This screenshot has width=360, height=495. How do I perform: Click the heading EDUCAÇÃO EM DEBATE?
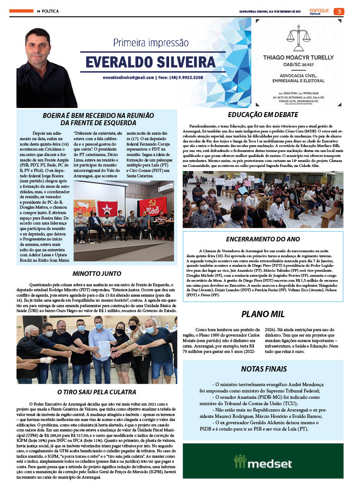pos(263,115)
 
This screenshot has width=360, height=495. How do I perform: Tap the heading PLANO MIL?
pos(263,314)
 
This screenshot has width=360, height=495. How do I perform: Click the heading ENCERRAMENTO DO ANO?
pos(263,239)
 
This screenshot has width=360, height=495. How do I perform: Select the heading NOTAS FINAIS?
pos(263,369)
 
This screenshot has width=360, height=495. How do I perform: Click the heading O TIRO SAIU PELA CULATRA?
pos(97,392)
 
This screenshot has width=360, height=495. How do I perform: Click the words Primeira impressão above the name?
pos(151,43)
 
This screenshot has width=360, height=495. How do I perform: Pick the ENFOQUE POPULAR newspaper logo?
pos(320,11)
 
